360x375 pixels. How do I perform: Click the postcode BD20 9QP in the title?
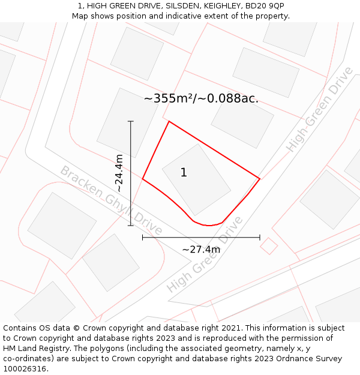pyautogui.click(x=264, y=6)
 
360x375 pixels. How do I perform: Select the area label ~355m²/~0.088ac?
pyautogui.click(x=201, y=98)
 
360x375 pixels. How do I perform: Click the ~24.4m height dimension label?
pyautogui.click(x=119, y=173)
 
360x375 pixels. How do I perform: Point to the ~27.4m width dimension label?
pyautogui.click(x=201, y=249)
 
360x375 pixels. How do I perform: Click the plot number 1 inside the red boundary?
pyautogui.click(x=184, y=173)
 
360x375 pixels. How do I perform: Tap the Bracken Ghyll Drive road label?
pyautogui.click(x=111, y=200)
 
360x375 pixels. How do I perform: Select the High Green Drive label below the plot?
pyautogui.click(x=205, y=254)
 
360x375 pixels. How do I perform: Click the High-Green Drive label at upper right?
pyautogui.click(x=319, y=109)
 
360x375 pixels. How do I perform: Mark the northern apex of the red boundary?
pyautogui.click(x=169, y=122)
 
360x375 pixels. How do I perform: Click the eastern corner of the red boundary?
pyautogui.click(x=259, y=178)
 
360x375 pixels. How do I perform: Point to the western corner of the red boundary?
pyautogui.click(x=142, y=179)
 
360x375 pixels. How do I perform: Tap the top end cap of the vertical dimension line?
pyautogui.click(x=131, y=121)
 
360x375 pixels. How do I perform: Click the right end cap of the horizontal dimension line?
pyautogui.click(x=260, y=238)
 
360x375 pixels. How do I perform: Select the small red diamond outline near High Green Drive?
pyautogui.click(x=269, y=246)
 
